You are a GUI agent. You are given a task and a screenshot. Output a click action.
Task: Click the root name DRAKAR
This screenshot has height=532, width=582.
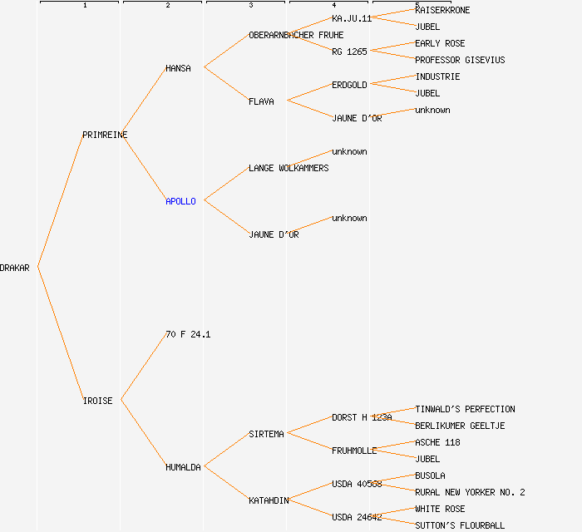(15, 268)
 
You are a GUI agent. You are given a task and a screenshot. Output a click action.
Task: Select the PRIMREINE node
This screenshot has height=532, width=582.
(105, 135)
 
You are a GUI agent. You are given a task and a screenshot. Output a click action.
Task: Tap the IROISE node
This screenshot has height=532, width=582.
(97, 401)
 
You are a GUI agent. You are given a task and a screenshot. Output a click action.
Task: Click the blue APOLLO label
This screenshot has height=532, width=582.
(180, 201)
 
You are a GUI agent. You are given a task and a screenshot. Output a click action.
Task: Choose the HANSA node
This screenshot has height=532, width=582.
(178, 68)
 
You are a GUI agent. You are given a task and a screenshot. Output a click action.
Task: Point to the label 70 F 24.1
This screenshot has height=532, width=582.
(188, 334)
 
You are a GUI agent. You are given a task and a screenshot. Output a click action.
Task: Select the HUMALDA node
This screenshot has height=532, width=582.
(183, 467)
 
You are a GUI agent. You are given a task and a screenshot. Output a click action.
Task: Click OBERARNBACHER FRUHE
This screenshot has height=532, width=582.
(296, 35)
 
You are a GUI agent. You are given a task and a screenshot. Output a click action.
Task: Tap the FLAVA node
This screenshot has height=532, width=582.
(261, 101)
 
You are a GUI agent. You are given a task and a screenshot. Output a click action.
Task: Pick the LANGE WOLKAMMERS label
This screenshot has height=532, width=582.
(289, 168)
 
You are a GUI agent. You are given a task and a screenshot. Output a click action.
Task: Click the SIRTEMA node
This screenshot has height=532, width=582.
(266, 434)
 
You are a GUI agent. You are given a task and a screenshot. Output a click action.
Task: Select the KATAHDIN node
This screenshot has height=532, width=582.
(269, 500)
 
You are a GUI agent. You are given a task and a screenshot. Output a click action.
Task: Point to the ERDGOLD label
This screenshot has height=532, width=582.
(349, 85)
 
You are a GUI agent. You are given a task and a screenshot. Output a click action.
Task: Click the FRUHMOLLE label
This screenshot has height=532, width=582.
(354, 451)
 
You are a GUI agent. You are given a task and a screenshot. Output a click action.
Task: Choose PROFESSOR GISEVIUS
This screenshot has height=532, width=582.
(460, 60)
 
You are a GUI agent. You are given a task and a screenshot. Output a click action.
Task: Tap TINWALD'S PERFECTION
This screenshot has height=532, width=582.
(465, 409)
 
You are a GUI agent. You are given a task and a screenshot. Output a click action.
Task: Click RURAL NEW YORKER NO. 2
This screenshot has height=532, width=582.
(470, 492)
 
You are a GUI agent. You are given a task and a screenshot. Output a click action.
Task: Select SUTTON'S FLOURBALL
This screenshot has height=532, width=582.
(460, 525)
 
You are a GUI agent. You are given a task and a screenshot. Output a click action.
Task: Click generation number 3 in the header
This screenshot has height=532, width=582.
(250, 6)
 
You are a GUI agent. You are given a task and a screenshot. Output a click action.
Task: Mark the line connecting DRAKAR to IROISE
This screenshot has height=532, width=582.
(60, 334)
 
